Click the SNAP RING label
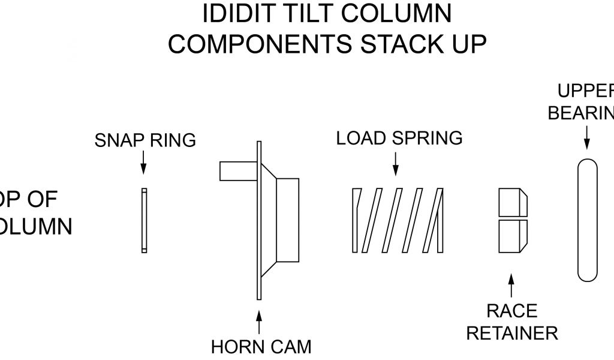pyautogui.click(x=145, y=140)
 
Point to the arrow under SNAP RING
pyautogui.click(x=144, y=162)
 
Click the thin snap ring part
pyautogui.click(x=144, y=220)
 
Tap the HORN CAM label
pyautogui.click(x=261, y=346)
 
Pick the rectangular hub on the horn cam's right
pyautogui.click(x=287, y=220)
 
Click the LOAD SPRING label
pyautogui.click(x=399, y=138)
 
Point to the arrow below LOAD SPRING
pyautogui.click(x=395, y=163)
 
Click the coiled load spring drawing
pyautogui.click(x=398, y=220)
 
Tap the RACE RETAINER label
pyautogui.click(x=511, y=322)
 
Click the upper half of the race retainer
pyautogui.click(x=513, y=202)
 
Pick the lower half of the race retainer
pyautogui.click(x=513, y=236)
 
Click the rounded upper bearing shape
pyautogui.click(x=587, y=220)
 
